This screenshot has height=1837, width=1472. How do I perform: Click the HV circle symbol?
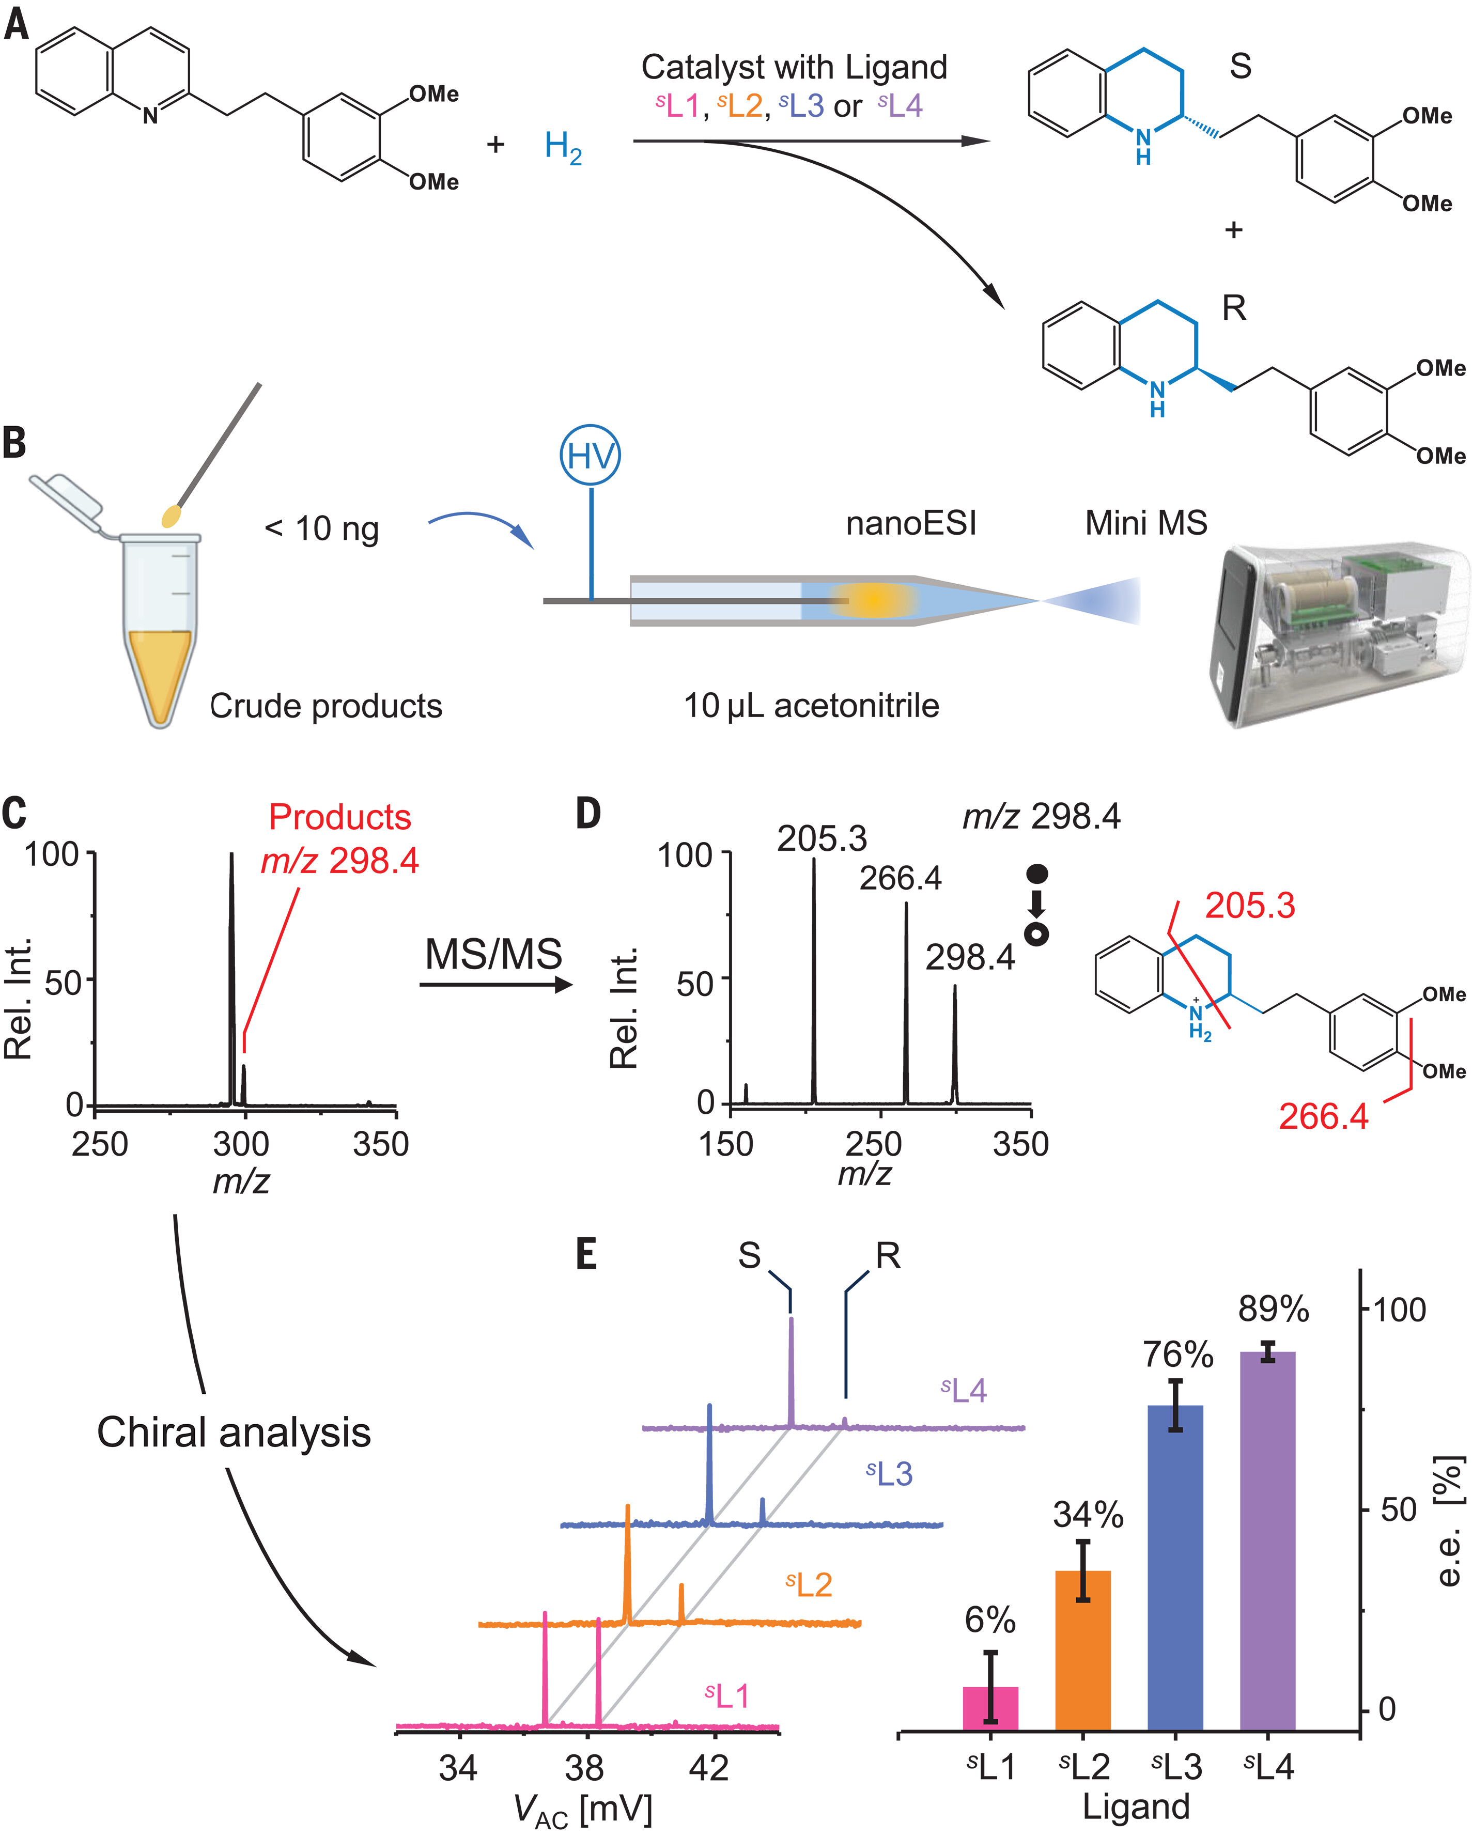(590, 456)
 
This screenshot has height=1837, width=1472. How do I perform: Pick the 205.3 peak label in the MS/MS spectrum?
(822, 839)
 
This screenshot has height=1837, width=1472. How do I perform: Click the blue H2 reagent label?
(563, 147)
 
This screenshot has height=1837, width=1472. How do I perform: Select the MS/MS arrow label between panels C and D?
(493, 954)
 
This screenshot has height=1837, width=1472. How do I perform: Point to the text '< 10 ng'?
(321, 528)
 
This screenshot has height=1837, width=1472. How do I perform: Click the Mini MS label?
(1145, 522)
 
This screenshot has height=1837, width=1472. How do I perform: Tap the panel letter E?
(586, 1255)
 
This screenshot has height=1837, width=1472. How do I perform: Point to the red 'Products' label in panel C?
(339, 817)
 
